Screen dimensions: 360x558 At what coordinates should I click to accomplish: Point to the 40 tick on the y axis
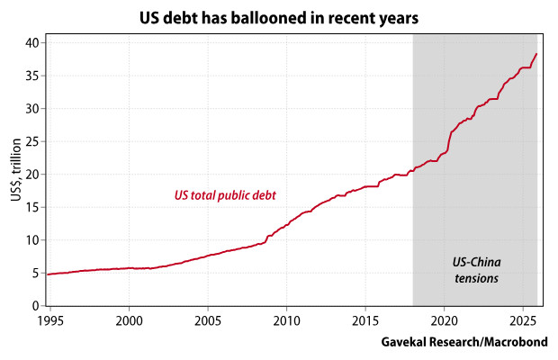point(30,42)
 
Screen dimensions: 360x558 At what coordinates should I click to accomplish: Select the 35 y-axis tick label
point(30,76)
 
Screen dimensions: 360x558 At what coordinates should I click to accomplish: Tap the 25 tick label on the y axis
point(30,141)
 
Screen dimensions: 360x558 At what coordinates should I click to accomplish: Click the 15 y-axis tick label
point(30,207)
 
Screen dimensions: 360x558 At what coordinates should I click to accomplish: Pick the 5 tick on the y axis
point(33,273)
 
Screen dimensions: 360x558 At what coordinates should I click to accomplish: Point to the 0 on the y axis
point(33,306)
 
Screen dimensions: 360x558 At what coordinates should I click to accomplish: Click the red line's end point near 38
point(536,54)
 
